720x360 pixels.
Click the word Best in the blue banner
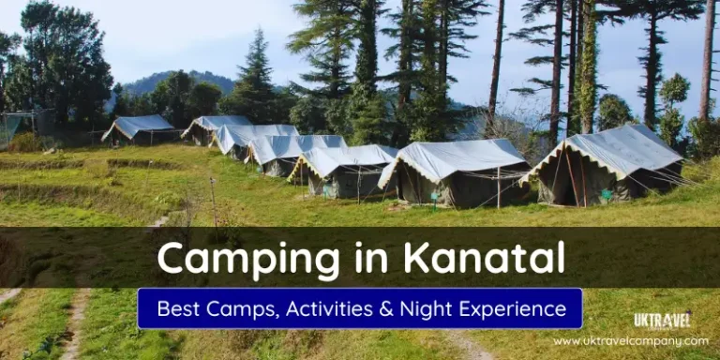tap(177, 308)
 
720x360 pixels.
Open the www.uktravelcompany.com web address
tap(630, 341)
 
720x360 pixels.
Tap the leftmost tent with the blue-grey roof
tap(138, 129)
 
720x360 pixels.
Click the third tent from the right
tap(344, 170)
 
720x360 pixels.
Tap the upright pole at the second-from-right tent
tap(499, 187)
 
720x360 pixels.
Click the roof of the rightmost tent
tap(619, 148)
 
